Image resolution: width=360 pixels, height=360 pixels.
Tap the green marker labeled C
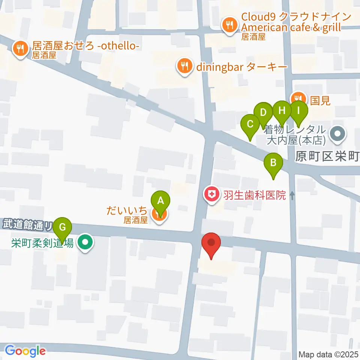(x=250, y=124)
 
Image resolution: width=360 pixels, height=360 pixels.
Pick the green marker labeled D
(x=263, y=112)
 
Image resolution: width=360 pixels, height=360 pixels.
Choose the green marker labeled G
(x=63, y=227)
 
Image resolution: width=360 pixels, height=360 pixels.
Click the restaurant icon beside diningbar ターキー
(x=184, y=67)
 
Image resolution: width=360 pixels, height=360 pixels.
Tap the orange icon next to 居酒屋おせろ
(x=19, y=49)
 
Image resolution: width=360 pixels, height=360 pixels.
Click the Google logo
(x=25, y=351)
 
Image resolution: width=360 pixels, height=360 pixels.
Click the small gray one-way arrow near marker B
(x=292, y=195)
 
